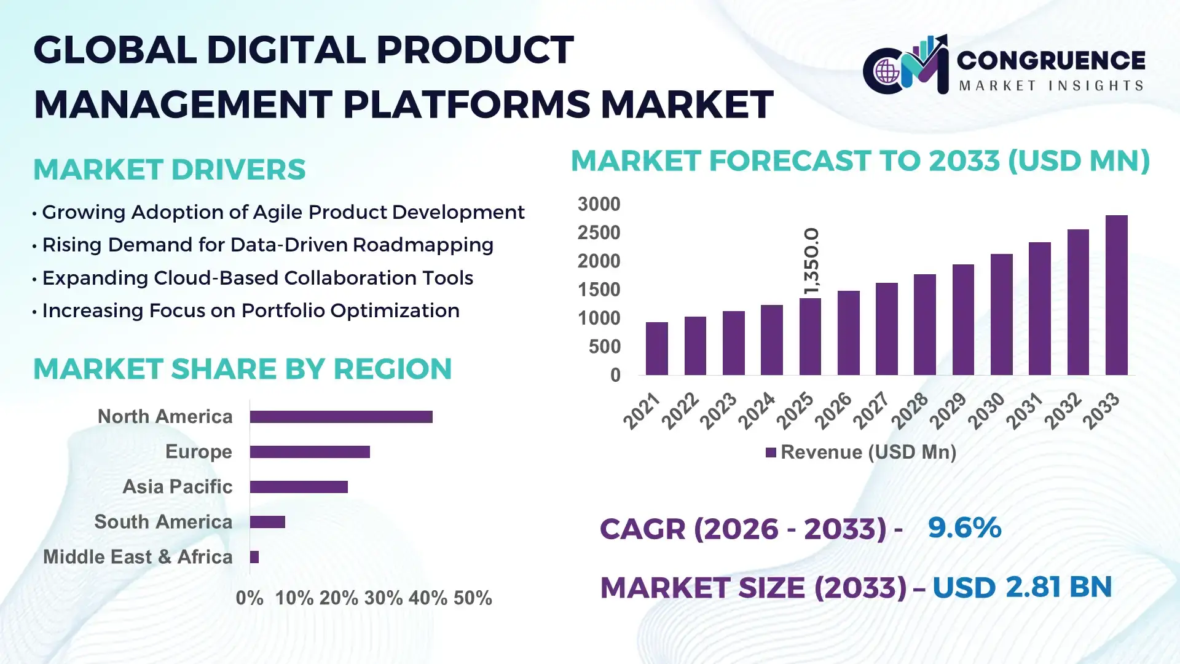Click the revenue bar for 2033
click(1116, 295)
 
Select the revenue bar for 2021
click(656, 349)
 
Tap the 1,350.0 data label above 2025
click(811, 261)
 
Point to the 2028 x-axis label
click(910, 410)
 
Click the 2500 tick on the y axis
click(599, 233)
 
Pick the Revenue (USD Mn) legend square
click(771, 453)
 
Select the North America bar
click(341, 417)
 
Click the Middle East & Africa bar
click(254, 557)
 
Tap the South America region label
click(163, 522)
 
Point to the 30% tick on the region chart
click(383, 598)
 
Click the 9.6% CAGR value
click(964, 528)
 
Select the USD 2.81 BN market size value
click(1021, 587)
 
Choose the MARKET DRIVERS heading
click(169, 170)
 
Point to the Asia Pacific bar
click(299, 487)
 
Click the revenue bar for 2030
click(1001, 314)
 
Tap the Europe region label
click(199, 452)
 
